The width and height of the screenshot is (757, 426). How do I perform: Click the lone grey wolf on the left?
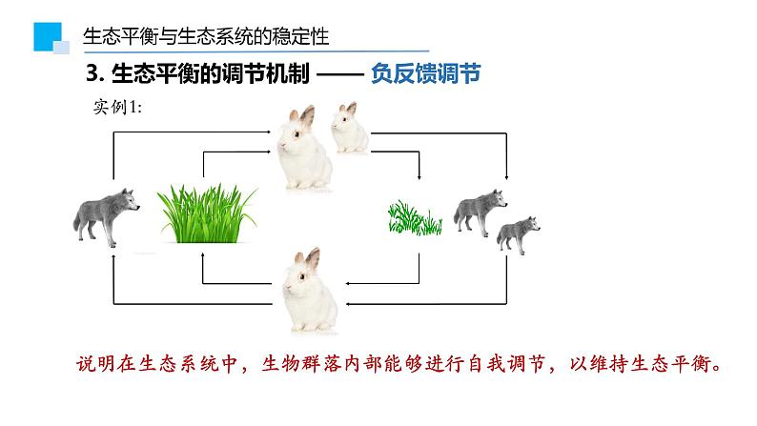(x=106, y=215)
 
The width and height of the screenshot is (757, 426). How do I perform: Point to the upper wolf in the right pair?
(x=479, y=211)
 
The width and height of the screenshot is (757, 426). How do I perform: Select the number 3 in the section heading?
(x=91, y=74)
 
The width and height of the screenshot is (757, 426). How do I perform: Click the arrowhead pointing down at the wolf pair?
(x=506, y=177)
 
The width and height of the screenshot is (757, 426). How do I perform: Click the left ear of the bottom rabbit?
(x=297, y=258)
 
